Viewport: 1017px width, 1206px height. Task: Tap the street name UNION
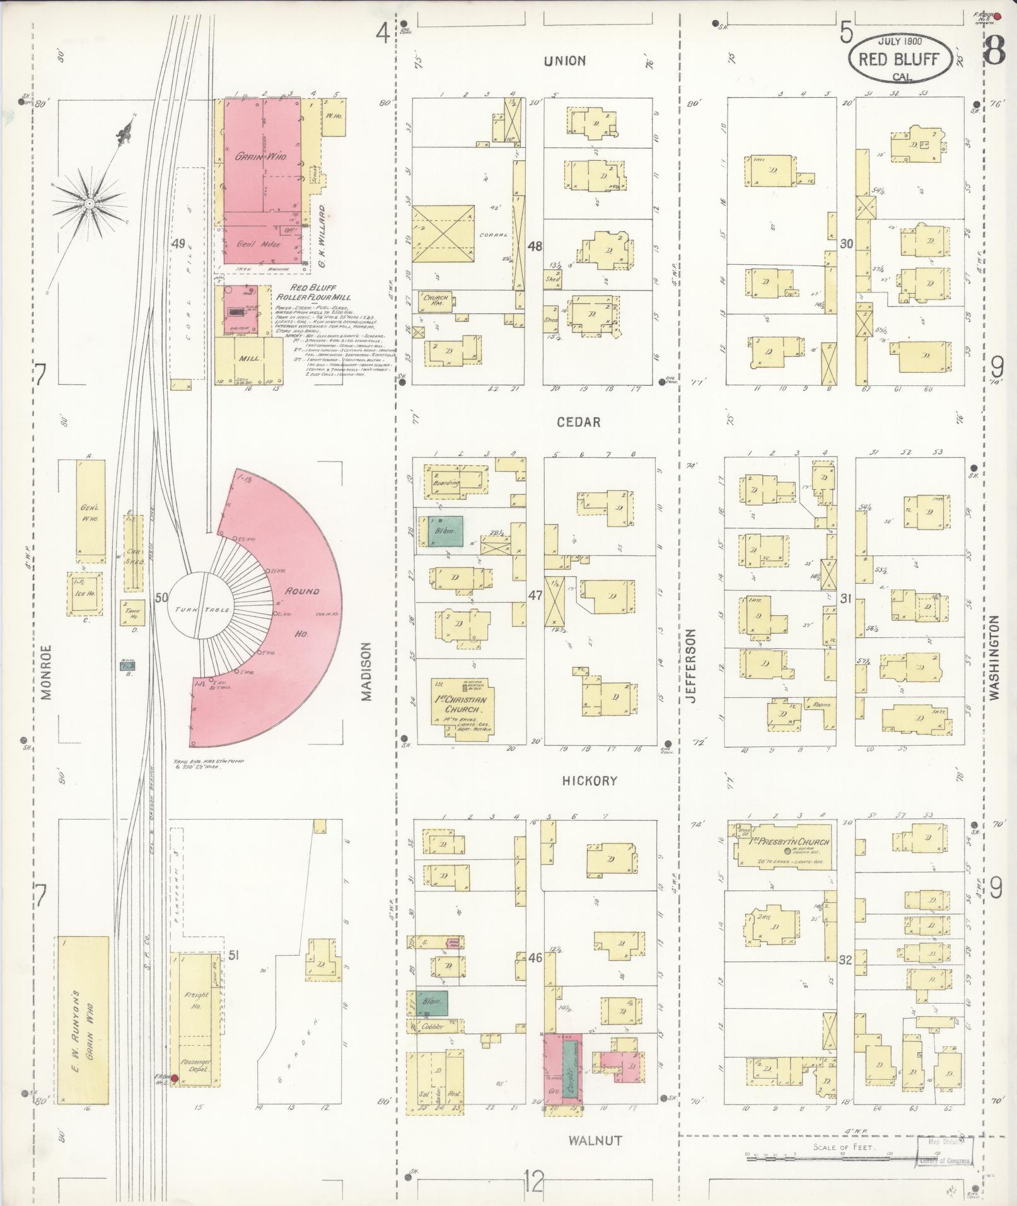click(x=565, y=61)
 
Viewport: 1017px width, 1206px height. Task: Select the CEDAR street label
click(x=578, y=422)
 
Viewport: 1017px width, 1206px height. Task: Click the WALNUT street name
click(x=595, y=1140)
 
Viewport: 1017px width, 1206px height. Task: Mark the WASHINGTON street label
click(x=995, y=658)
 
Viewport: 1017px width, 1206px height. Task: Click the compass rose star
click(x=90, y=204)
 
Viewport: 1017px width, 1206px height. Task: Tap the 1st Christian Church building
click(x=462, y=705)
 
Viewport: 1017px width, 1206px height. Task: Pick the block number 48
click(x=535, y=246)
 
